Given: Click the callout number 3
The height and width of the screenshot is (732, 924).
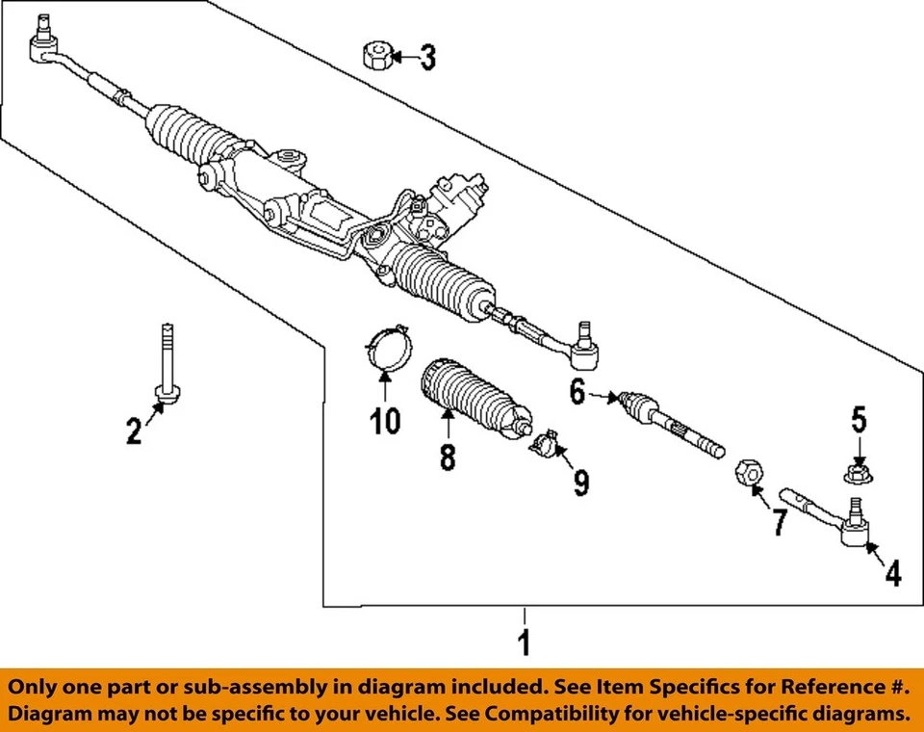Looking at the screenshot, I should pos(426,58).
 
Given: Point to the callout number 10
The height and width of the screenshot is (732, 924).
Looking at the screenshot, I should pos(385,421).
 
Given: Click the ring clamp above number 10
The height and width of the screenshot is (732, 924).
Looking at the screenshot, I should pos(386,348).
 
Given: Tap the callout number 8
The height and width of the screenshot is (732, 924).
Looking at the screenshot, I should pos(448,455).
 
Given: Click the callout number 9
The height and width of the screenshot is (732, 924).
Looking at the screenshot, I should pos(581,481).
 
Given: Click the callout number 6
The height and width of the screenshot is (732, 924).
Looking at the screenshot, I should pos(577,392).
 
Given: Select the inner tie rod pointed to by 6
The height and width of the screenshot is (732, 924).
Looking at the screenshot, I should pos(668,422).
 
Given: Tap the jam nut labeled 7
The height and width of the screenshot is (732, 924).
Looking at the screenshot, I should pos(749,474).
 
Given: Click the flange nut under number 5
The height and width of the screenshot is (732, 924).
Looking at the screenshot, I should pos(859,474).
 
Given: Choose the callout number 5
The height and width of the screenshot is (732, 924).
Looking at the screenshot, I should pos(859,420).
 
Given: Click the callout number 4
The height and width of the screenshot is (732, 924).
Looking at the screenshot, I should pos(893,574).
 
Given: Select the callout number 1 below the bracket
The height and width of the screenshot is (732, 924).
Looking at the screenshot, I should pos(524,641).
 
